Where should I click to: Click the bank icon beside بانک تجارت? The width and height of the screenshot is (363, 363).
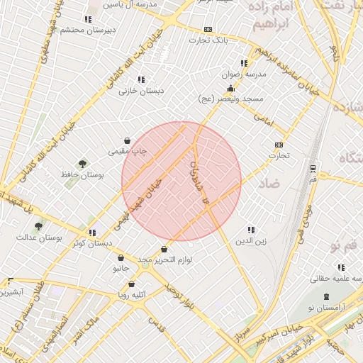pyautogui.click(x=208, y=29)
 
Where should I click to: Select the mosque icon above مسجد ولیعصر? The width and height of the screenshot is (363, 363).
pyautogui.click(x=230, y=89)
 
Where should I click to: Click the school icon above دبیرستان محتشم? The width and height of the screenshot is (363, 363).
pyautogui.click(x=88, y=19)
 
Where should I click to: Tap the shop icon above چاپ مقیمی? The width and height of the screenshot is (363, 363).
pyautogui.click(x=127, y=140)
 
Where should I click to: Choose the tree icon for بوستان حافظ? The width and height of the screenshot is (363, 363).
pyautogui.click(x=83, y=162)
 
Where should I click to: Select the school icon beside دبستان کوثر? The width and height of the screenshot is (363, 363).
pyautogui.click(x=92, y=232)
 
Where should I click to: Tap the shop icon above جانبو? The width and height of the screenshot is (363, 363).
pyautogui.click(x=122, y=258)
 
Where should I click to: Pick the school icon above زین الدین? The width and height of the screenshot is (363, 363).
pyautogui.click(x=250, y=230)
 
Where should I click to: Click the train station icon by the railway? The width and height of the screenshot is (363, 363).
pyautogui.click(x=313, y=168)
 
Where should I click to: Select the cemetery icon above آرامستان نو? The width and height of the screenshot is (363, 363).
pyautogui.click(x=326, y=296)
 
